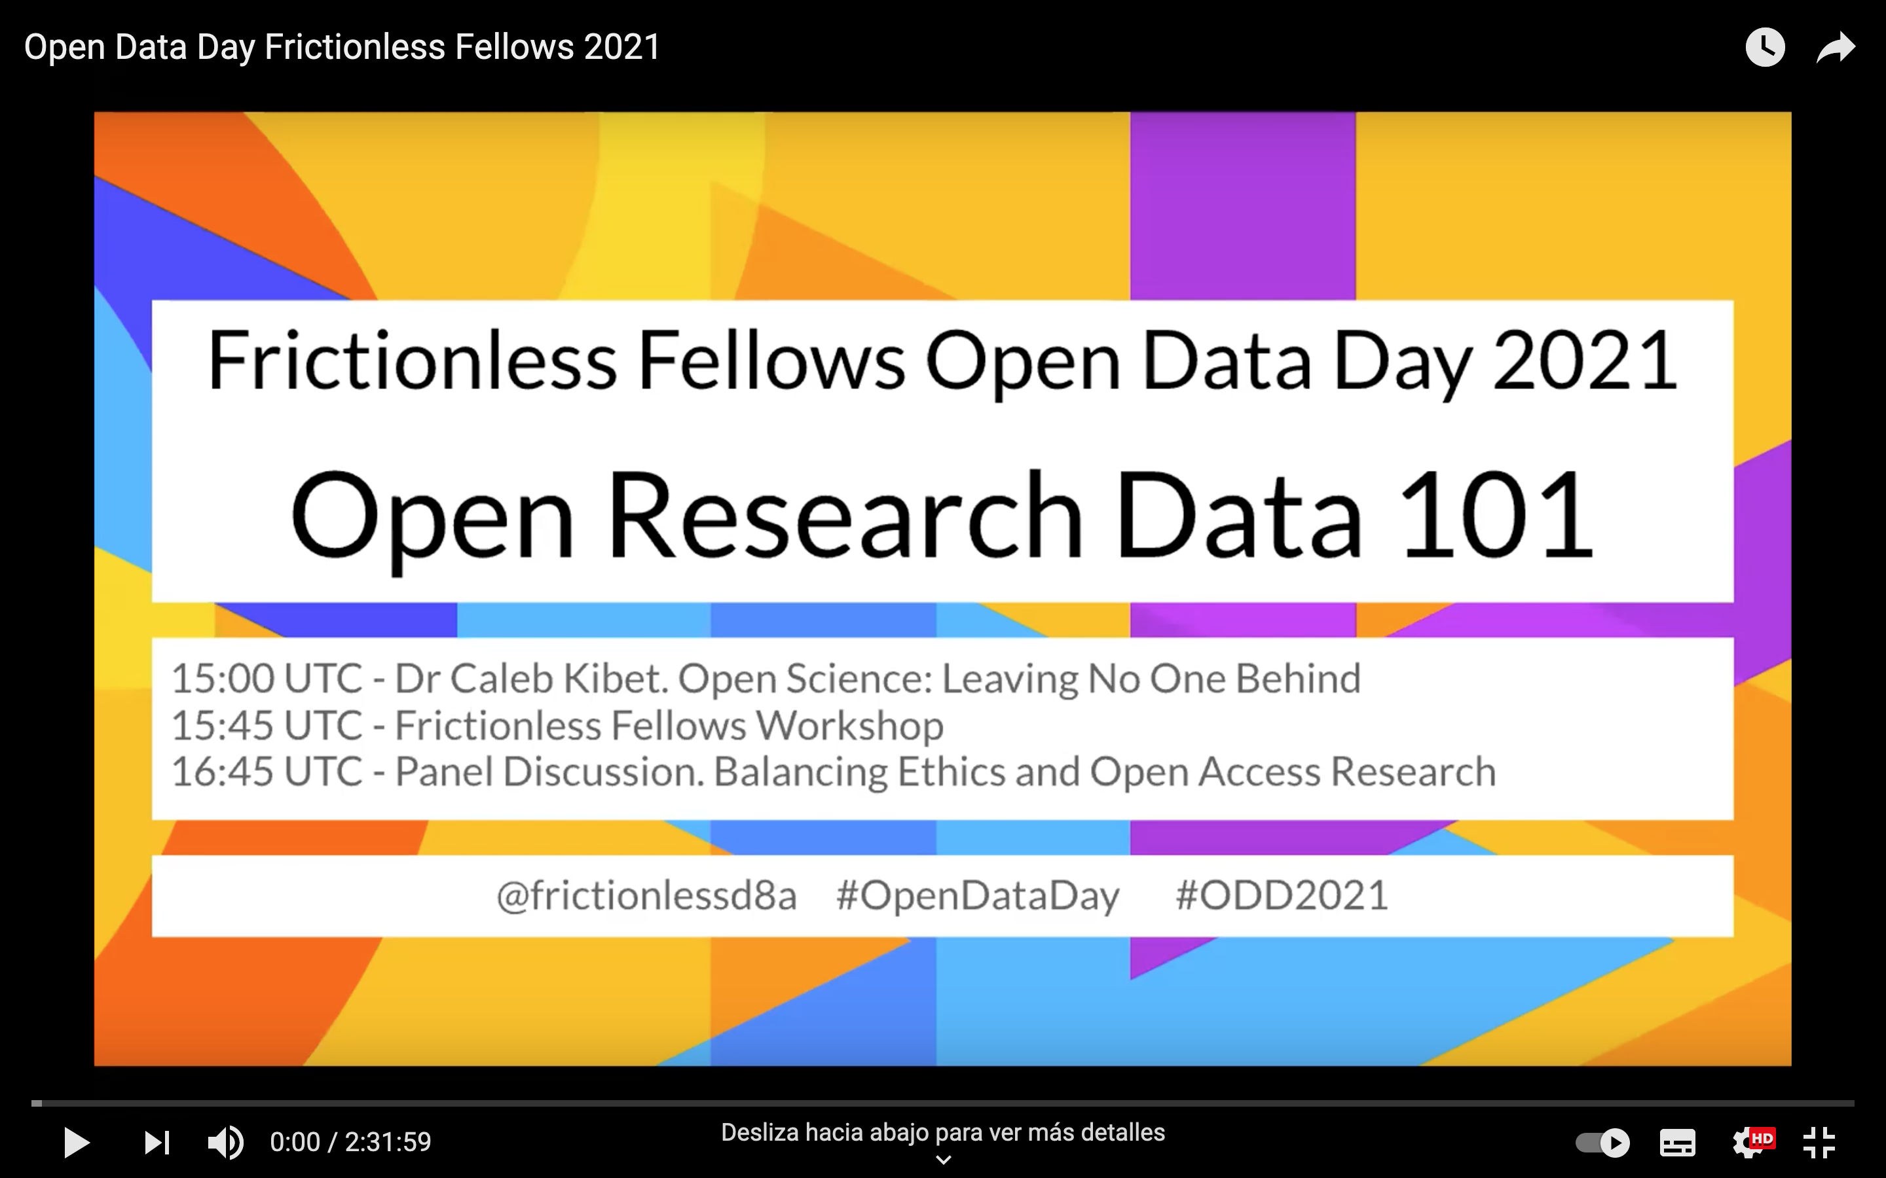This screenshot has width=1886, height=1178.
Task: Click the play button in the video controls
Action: click(x=77, y=1143)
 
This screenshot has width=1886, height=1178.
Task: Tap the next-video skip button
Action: click(x=157, y=1143)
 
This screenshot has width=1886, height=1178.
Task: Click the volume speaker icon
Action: click(x=226, y=1143)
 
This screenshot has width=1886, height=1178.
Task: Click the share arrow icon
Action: click(x=1836, y=48)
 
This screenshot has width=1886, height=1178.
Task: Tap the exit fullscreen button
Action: click(x=1819, y=1143)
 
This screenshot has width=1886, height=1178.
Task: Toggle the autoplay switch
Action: click(x=1602, y=1143)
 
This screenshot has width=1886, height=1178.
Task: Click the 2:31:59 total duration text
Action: click(x=388, y=1142)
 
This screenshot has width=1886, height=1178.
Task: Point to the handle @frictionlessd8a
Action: click(x=647, y=896)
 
